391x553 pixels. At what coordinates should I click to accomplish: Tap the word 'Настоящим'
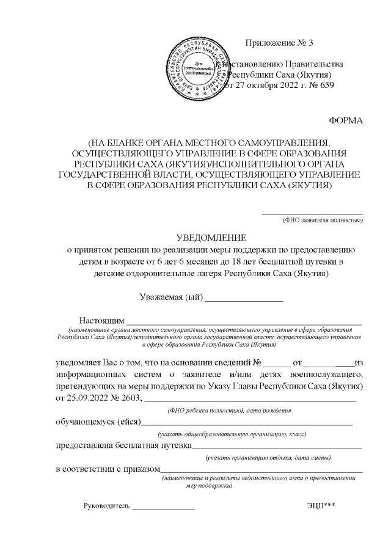click(101, 321)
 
